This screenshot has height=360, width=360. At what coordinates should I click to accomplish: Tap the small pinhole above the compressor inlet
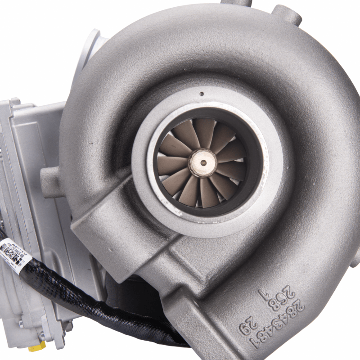coord(202,94)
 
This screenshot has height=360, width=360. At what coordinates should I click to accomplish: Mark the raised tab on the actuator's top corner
coord(16,102)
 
